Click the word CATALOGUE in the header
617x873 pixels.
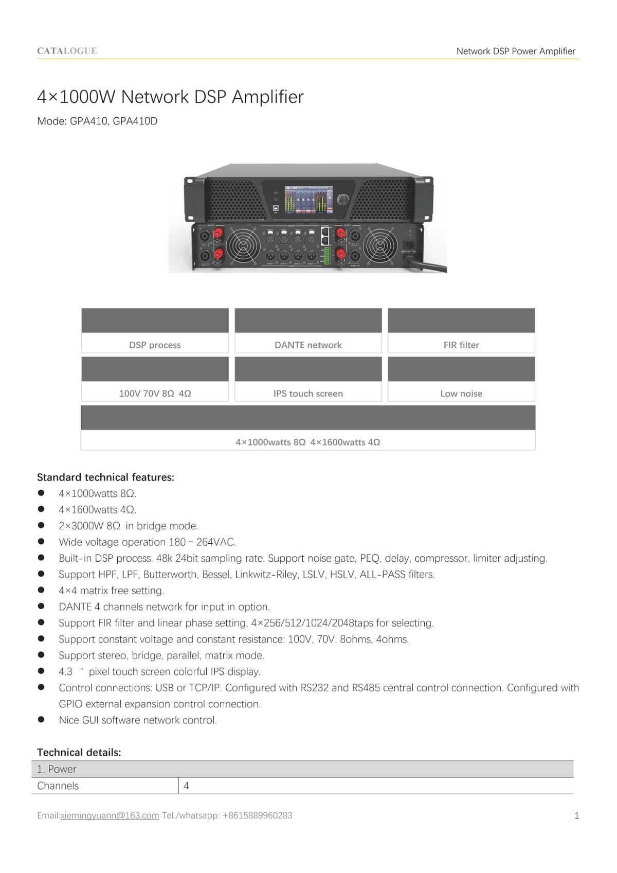(x=67, y=51)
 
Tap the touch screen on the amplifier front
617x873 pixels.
(x=308, y=200)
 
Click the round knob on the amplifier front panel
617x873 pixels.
(x=342, y=200)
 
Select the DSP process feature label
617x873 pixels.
(x=155, y=345)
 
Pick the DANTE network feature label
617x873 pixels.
(x=308, y=345)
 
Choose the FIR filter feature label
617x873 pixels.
(x=461, y=345)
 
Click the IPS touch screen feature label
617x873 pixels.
(x=308, y=394)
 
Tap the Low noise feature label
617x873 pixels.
(x=461, y=394)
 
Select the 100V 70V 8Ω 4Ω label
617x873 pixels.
(x=155, y=394)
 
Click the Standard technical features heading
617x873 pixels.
(x=105, y=477)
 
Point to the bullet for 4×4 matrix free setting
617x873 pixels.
(x=41, y=590)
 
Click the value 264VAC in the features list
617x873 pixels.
(x=216, y=542)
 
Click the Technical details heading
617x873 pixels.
(x=79, y=753)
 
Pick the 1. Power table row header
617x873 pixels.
(x=57, y=770)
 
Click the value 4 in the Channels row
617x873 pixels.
(x=186, y=786)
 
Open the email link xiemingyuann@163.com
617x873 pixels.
(x=110, y=816)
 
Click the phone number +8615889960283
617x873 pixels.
(x=257, y=816)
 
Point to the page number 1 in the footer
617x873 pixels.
(x=576, y=816)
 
